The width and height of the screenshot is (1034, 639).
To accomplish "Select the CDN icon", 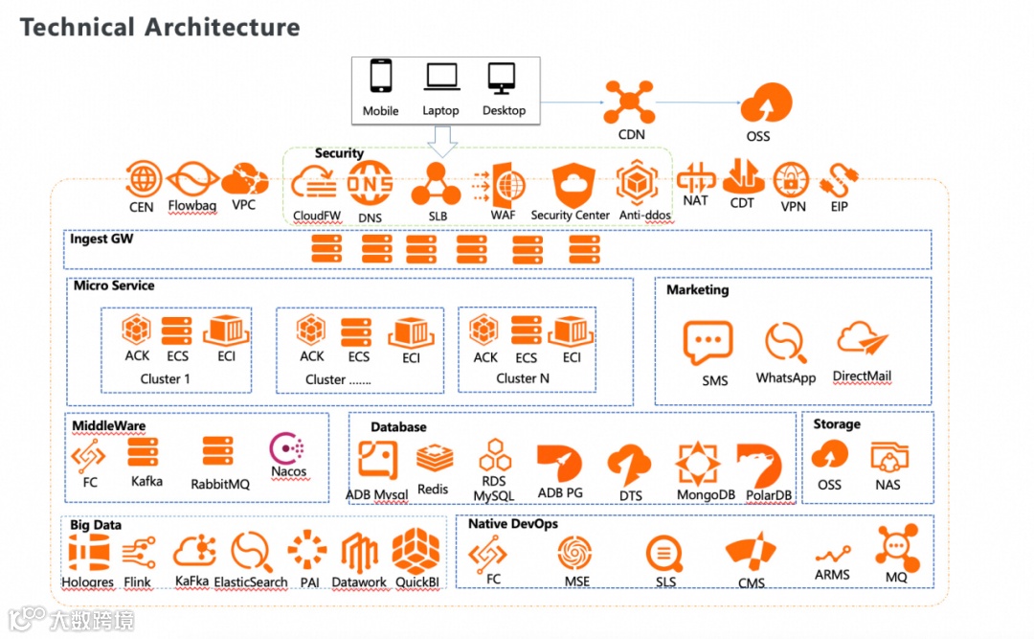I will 629,102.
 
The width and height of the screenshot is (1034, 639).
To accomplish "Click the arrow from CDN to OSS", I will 698,102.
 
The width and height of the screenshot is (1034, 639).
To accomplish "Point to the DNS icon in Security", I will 370,184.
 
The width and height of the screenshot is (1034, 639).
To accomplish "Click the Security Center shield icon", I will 573,183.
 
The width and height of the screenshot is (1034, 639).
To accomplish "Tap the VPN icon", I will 791,179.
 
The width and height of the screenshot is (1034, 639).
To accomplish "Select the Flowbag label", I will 192,206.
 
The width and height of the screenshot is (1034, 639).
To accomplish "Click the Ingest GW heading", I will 101,239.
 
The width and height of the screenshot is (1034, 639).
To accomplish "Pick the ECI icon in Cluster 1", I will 227,331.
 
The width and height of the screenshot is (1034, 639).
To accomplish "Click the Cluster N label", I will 523,378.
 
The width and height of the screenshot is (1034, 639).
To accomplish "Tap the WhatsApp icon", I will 784,343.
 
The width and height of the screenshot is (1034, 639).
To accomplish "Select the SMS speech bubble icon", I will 708,343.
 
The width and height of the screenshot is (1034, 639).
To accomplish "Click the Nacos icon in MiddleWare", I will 287,447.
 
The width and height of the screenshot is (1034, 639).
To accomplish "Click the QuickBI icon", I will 416,551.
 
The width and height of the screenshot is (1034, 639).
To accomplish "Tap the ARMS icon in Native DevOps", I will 832,555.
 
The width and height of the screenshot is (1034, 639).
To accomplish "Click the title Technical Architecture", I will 160,27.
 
